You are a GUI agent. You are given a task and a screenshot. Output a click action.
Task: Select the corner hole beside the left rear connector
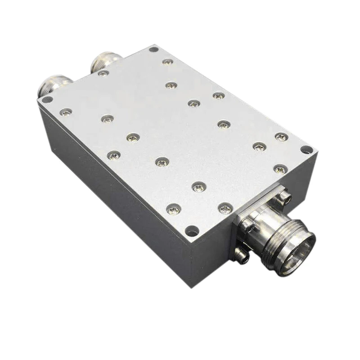[46, 100]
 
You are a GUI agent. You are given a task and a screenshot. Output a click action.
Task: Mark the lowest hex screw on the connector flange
[243, 257]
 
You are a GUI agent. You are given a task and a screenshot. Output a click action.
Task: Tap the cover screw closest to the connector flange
[225, 208]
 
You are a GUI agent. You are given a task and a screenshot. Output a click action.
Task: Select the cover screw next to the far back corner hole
[167, 62]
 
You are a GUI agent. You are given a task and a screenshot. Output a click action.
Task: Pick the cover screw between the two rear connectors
[103, 73]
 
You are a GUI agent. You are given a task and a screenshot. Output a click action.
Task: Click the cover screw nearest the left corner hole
[66, 112]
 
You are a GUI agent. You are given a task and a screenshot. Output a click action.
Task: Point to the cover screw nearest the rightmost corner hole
[281, 137]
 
